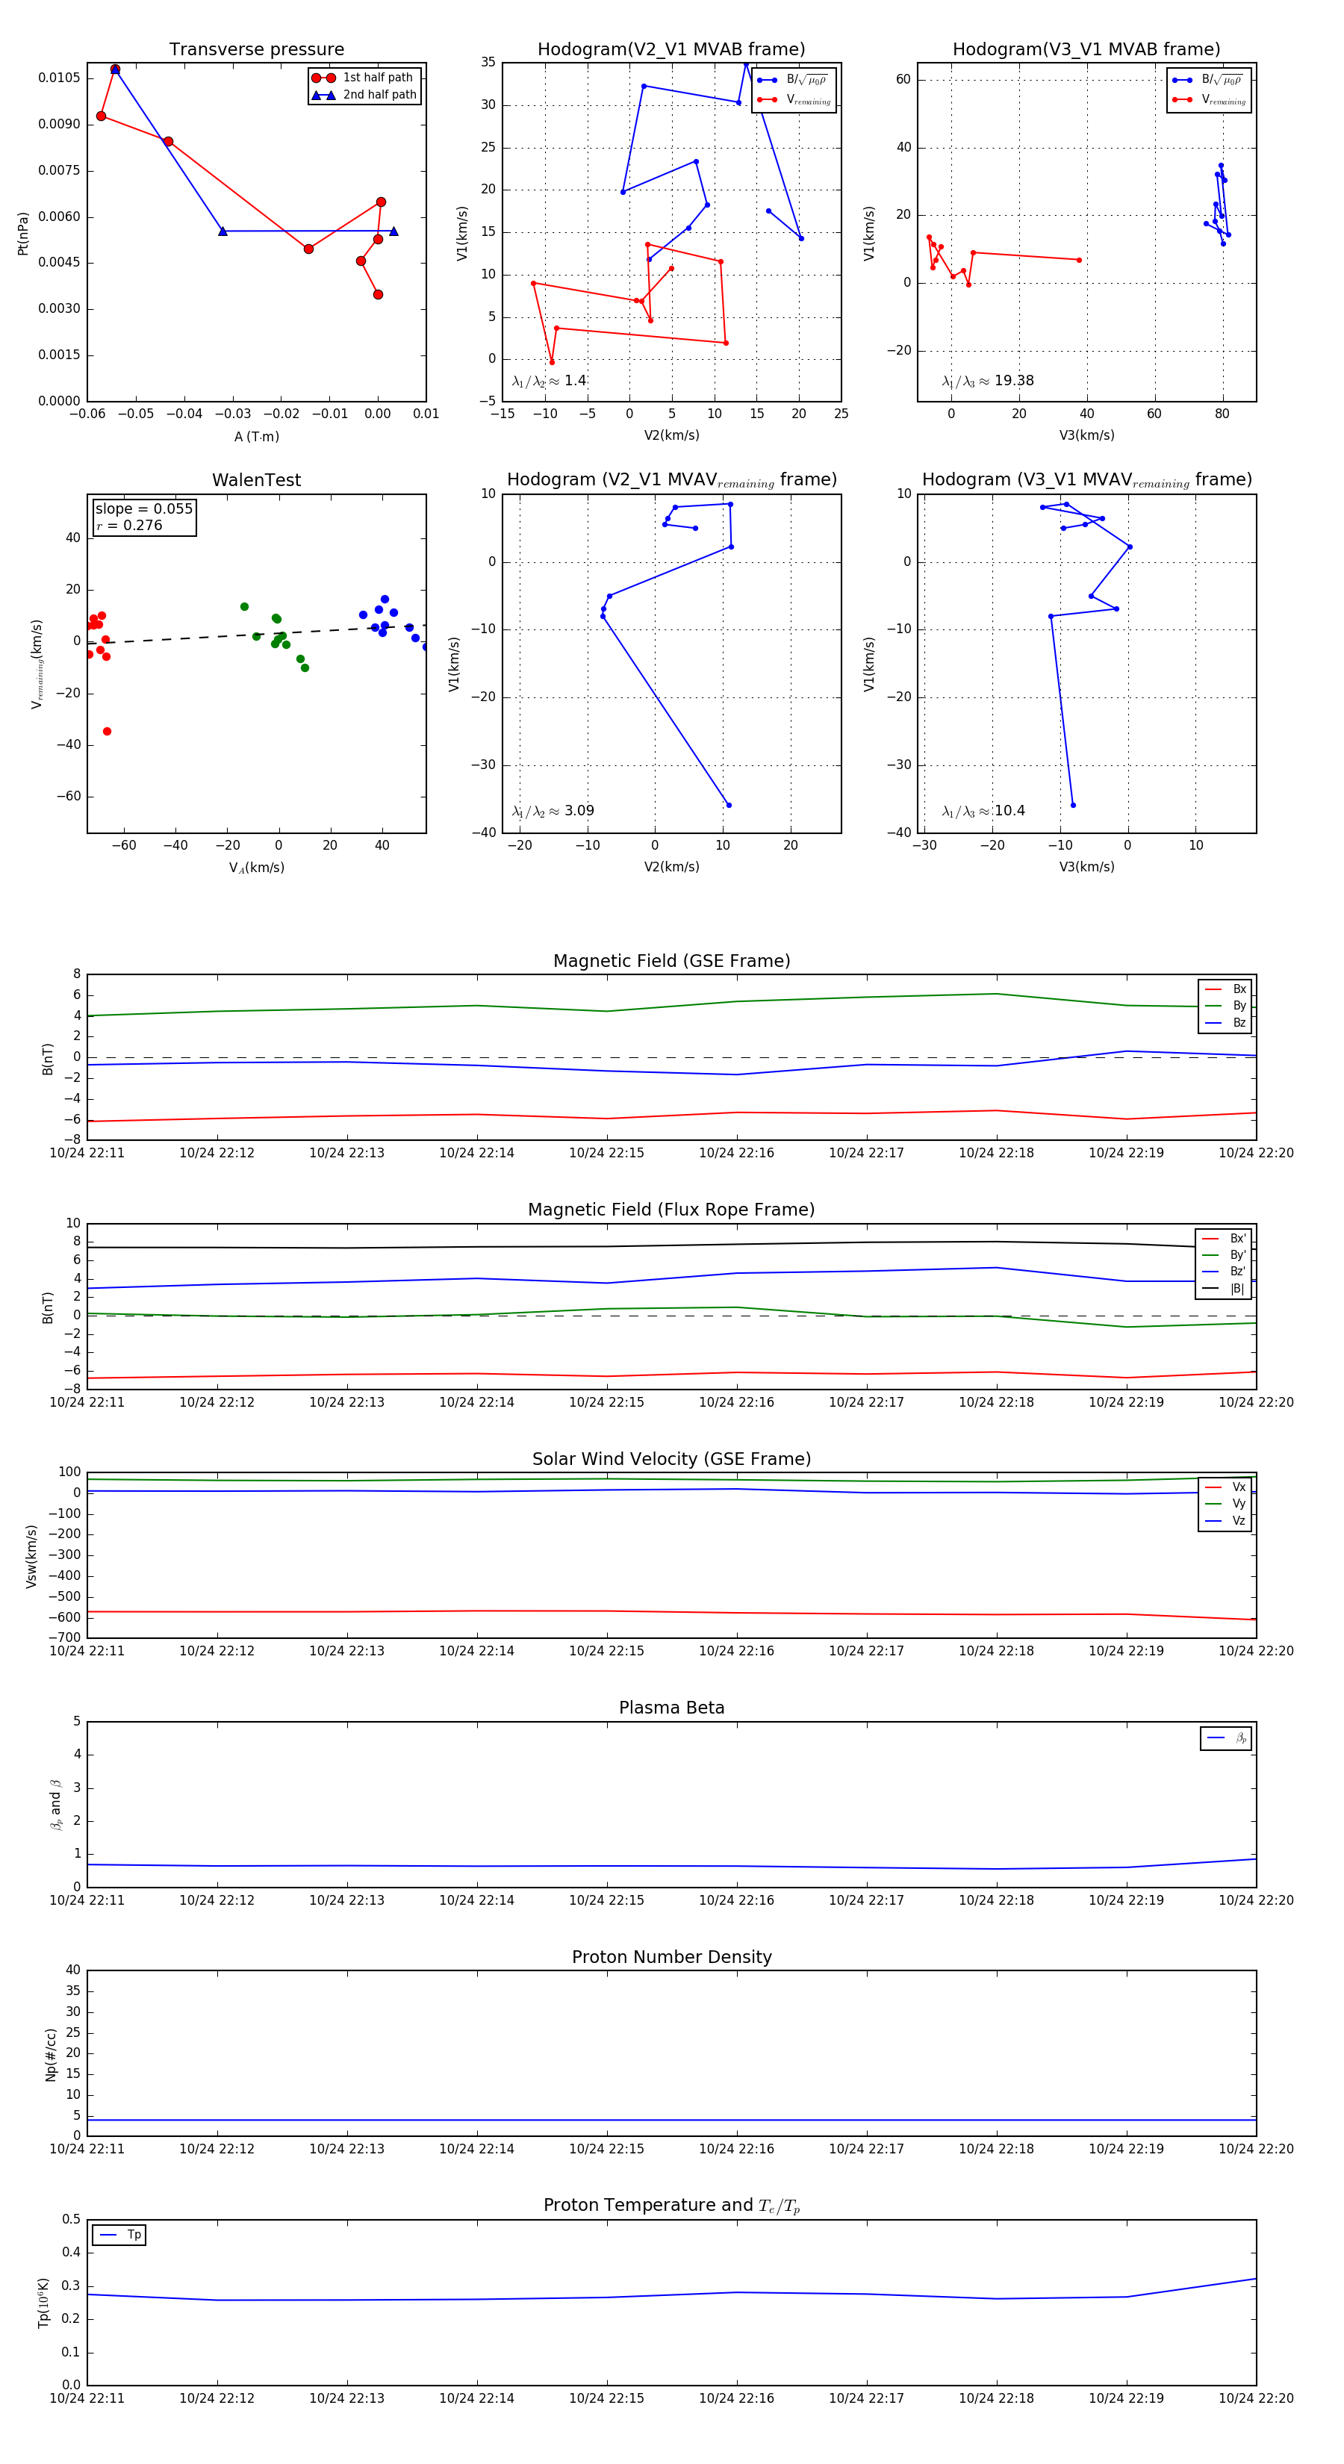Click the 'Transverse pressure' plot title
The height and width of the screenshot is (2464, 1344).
coord(256,50)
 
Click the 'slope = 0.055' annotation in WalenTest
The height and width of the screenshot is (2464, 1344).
coord(143,509)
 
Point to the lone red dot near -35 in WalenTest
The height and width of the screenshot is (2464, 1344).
coord(107,732)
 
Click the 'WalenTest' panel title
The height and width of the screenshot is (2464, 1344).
coord(256,480)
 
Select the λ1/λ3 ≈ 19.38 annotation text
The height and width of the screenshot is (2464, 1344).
coord(988,381)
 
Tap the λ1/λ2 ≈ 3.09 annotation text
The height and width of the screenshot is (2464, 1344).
coord(553,811)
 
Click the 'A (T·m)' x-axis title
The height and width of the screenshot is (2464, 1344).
coord(256,436)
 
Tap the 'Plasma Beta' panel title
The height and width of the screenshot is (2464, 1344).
coord(671,1708)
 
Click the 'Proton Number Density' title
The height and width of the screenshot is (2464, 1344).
coord(671,1957)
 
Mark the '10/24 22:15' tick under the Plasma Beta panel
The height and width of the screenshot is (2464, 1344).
coord(606,1900)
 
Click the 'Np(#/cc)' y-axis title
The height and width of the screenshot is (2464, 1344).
coord(51,2055)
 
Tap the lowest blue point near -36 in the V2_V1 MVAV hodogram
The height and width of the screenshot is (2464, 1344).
coord(729,806)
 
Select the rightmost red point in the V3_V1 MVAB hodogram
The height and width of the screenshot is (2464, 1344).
coord(1079,260)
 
